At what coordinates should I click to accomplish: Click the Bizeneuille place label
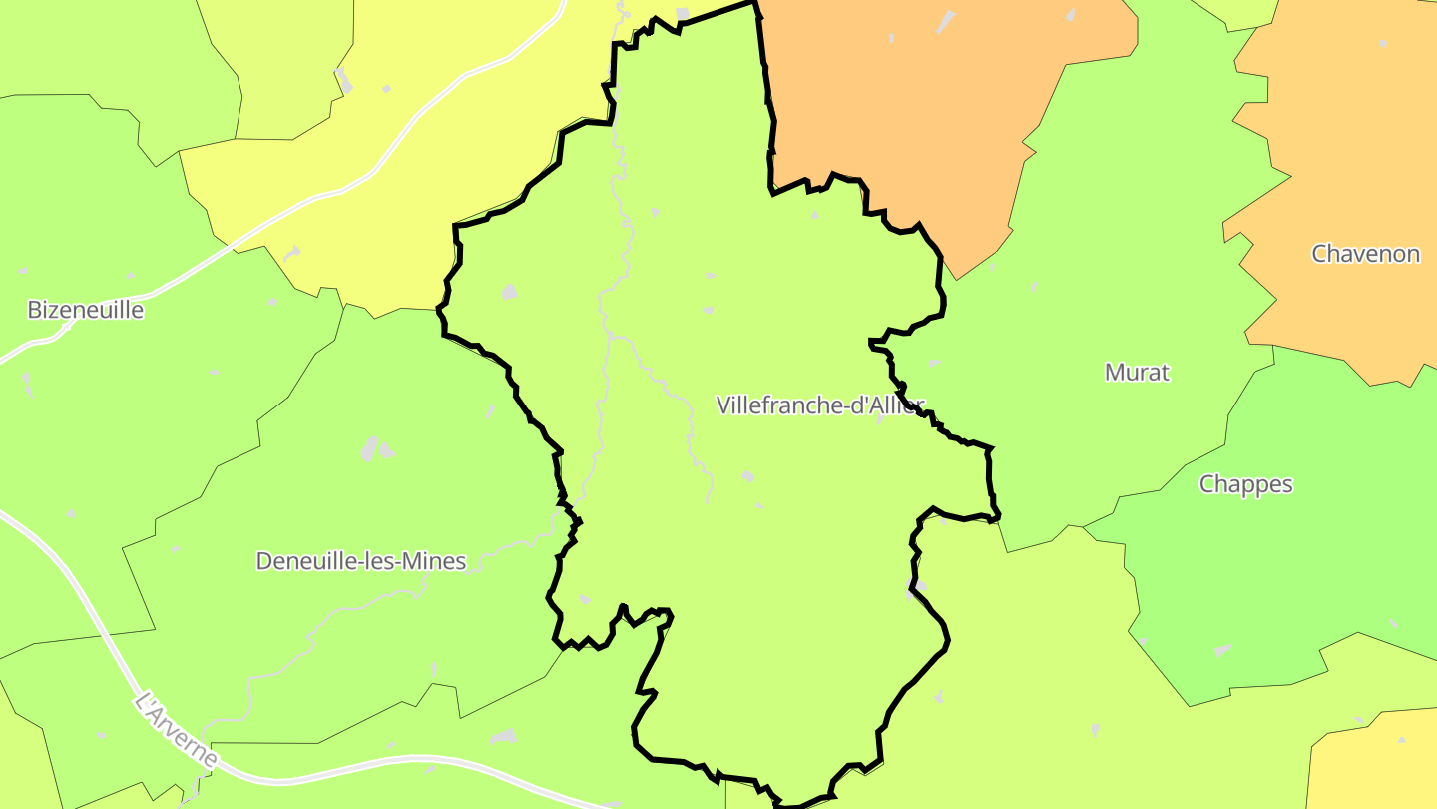pyautogui.click(x=85, y=310)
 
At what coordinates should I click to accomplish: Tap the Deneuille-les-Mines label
pyautogui.click(x=360, y=561)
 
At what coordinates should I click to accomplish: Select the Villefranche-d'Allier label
pyautogui.click(x=819, y=404)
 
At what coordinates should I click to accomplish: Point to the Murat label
pyautogui.click(x=1137, y=373)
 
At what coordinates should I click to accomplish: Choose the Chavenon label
pyautogui.click(x=1364, y=254)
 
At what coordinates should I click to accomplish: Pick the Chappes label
pyautogui.click(x=1245, y=484)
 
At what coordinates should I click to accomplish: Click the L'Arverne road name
pyautogui.click(x=176, y=730)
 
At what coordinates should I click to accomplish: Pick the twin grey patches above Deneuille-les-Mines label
pyautogui.click(x=375, y=449)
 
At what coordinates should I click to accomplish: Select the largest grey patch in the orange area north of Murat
pyautogui.click(x=944, y=21)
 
